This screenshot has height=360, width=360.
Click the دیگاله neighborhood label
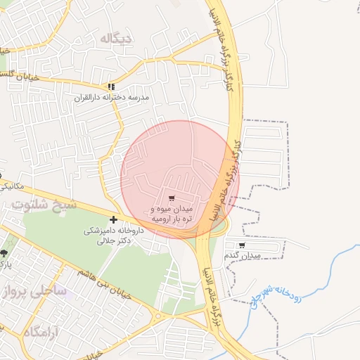tap(116, 38)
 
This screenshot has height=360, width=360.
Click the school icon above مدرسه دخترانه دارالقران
tap(110, 87)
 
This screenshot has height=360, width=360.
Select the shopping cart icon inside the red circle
tap(172, 198)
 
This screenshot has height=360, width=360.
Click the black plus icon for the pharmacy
tap(114, 220)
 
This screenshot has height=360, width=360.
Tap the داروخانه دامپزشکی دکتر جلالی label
tap(114, 236)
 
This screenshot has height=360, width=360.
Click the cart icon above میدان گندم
tap(242, 245)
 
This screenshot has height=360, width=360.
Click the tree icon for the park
tap(4, 253)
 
